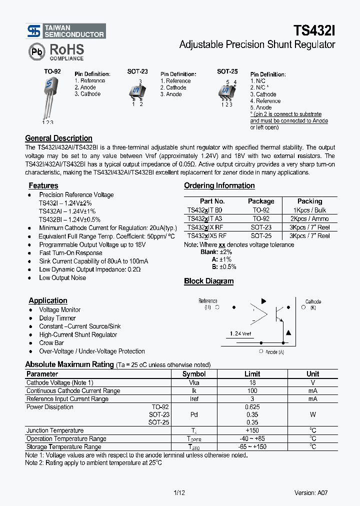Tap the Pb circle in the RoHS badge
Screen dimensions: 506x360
click(35, 51)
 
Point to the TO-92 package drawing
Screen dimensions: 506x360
click(50, 98)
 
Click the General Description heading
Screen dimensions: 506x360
click(58, 138)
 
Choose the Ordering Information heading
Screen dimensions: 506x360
click(219, 185)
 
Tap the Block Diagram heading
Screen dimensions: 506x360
click(208, 281)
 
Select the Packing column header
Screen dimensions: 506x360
click(309, 201)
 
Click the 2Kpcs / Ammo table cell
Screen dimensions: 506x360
click(309, 218)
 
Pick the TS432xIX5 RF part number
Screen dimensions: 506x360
click(206, 235)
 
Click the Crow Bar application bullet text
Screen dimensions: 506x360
click(51, 343)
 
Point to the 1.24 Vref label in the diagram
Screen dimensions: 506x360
click(241, 333)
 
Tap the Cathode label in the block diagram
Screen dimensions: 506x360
click(313, 301)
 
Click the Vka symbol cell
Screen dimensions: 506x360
click(194, 382)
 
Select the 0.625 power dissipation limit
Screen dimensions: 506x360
click(252, 407)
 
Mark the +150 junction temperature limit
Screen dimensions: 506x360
click(252, 430)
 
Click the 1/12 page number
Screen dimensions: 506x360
click(179, 492)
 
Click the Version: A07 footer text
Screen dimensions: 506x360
click(311, 492)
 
